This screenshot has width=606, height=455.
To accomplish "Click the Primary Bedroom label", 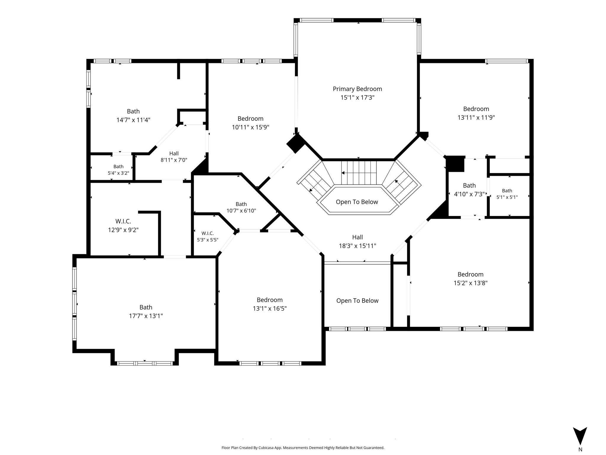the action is [x=357, y=89].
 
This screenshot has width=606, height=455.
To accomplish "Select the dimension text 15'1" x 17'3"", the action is [x=357, y=97].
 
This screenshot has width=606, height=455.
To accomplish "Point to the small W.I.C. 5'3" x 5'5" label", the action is [x=208, y=236].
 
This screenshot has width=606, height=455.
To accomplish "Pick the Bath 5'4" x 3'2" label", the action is [x=118, y=170].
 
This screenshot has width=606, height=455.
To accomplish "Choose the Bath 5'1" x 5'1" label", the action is [x=507, y=194].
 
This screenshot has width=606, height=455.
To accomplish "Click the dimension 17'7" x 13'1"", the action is [x=146, y=316].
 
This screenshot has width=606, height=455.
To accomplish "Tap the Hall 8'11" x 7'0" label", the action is [x=174, y=157].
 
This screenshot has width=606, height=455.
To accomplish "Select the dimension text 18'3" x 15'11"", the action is [x=357, y=246].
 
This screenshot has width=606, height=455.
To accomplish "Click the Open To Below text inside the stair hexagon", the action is [x=357, y=202].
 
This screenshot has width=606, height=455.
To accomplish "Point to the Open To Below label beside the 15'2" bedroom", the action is [x=357, y=301].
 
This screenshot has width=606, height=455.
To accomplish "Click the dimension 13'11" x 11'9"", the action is [x=476, y=117].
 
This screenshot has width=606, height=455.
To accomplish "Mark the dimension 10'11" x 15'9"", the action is [x=250, y=127].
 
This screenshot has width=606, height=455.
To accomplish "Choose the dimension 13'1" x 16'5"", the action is [x=270, y=308].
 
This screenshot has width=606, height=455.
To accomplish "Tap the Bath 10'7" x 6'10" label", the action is [x=241, y=207].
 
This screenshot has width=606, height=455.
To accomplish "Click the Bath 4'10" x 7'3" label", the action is [x=469, y=190].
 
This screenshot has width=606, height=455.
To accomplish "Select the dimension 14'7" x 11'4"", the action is [x=133, y=120].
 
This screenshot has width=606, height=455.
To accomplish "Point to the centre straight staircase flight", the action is [x=359, y=173].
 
